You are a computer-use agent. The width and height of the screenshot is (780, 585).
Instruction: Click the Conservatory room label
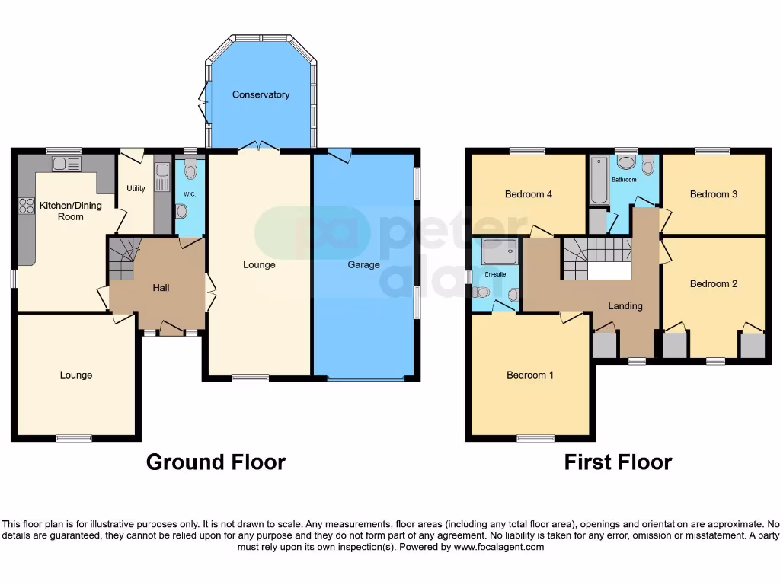[x=261, y=94]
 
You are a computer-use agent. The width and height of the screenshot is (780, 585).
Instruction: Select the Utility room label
[x=136, y=188]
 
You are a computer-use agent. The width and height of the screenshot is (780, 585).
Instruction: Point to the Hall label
[x=161, y=288]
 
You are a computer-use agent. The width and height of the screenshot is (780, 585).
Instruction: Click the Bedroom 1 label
[x=531, y=375]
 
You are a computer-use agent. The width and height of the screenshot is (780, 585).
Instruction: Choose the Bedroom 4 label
[x=528, y=194]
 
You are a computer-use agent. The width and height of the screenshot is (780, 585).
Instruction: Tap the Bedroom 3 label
[x=713, y=194]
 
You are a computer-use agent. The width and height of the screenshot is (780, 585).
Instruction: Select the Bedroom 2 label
[x=713, y=284]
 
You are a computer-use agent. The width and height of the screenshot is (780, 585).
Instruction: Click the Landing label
[x=625, y=306]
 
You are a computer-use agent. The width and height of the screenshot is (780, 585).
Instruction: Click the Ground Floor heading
[x=216, y=462]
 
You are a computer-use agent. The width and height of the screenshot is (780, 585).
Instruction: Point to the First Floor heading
[x=618, y=462]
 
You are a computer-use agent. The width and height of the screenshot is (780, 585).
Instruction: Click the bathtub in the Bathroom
[x=599, y=180]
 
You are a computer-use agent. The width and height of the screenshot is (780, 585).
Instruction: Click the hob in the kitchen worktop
[x=25, y=206]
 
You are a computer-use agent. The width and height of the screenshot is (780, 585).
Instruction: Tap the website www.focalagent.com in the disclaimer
[x=497, y=547]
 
